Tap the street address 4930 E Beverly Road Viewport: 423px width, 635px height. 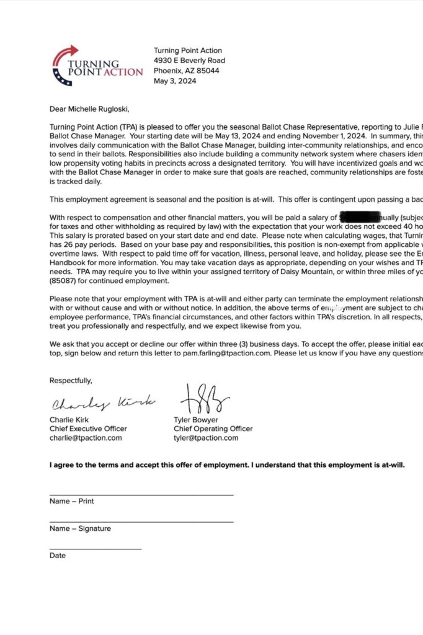tap(189, 61)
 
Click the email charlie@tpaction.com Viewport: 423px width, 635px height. tap(86, 438)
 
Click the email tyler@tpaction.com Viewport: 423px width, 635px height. tap(206, 438)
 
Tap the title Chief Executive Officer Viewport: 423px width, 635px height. tap(88, 429)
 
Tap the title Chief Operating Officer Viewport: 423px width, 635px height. tap(213, 429)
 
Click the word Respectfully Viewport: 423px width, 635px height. tap(71, 381)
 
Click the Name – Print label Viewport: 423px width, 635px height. tap(72, 501)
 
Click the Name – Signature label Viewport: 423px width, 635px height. tap(80, 528)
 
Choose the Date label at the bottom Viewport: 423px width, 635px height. tap(58, 556)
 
